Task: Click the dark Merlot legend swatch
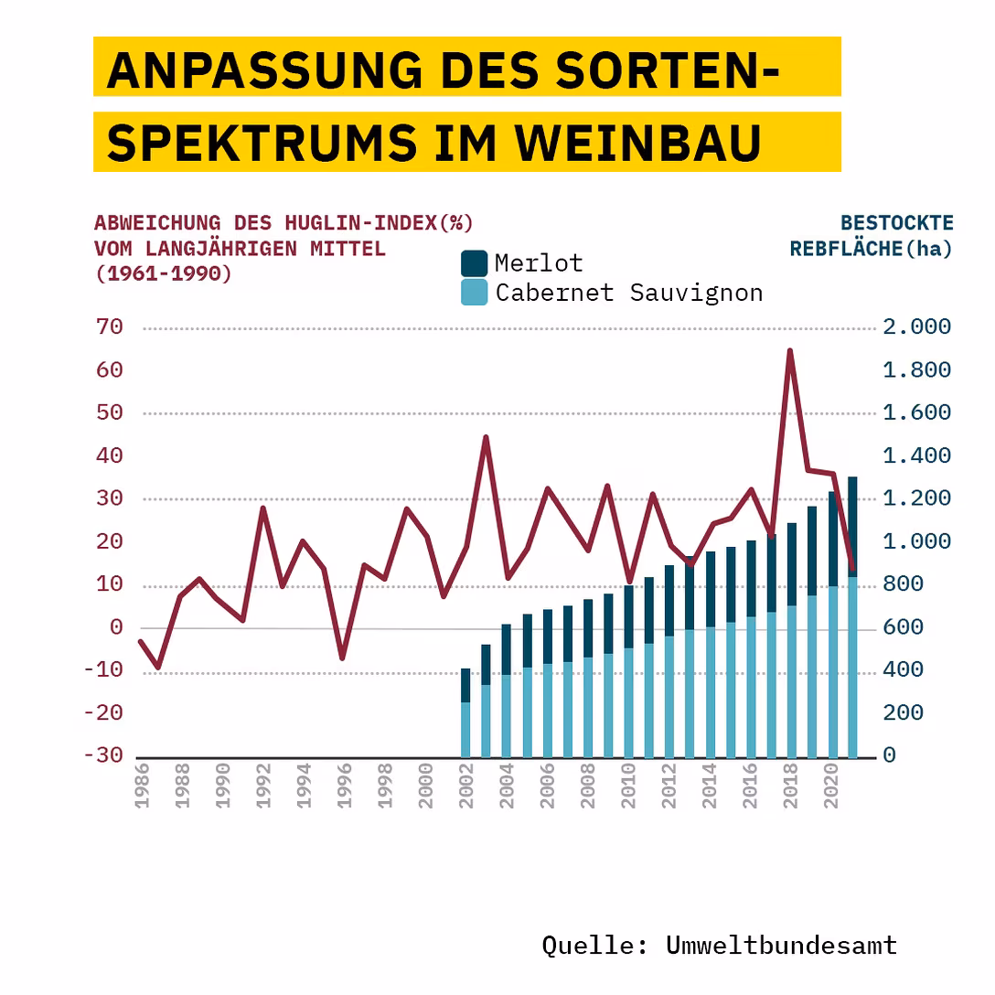point(474,263)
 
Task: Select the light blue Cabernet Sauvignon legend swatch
point(474,293)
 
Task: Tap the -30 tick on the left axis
point(102,755)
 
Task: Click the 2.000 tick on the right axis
point(916,327)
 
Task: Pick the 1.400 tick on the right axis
point(916,455)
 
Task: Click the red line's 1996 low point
point(342,658)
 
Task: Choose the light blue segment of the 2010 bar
point(628,702)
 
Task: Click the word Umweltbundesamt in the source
point(781,945)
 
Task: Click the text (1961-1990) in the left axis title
point(163,273)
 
